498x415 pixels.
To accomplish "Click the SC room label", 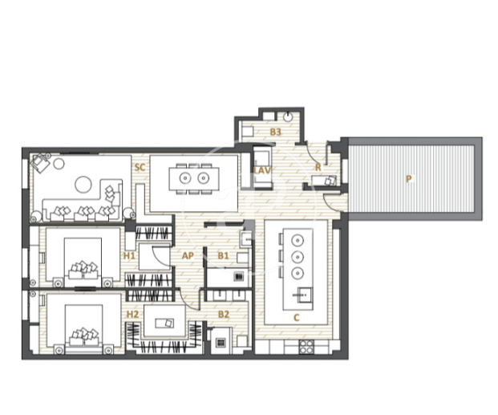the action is point(140,167).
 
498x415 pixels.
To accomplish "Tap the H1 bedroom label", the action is point(129,256).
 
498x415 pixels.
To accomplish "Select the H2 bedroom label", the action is point(133,315).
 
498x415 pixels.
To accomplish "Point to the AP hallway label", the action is point(188,256).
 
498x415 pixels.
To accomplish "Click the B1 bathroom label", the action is point(223,256).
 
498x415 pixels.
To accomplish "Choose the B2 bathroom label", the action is point(224,315).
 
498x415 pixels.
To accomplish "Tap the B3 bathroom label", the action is point(275,132).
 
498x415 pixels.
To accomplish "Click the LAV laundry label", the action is point(262,170).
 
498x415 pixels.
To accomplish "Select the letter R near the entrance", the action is point(318,168).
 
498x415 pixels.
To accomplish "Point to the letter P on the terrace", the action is point(409,179).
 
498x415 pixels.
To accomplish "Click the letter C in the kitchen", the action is point(297,318).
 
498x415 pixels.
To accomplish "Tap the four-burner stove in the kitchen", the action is point(306,347).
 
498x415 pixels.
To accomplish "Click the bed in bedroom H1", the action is point(83,262).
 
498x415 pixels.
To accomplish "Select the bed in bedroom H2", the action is point(84,329).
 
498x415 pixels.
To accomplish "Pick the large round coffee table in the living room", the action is point(83,184).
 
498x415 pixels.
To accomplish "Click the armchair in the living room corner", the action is point(40,162).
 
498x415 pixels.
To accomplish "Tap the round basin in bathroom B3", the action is point(288,117).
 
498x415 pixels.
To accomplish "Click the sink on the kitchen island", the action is point(302,295).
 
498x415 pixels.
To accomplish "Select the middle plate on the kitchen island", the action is point(298,257).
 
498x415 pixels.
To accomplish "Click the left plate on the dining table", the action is point(184,178).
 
